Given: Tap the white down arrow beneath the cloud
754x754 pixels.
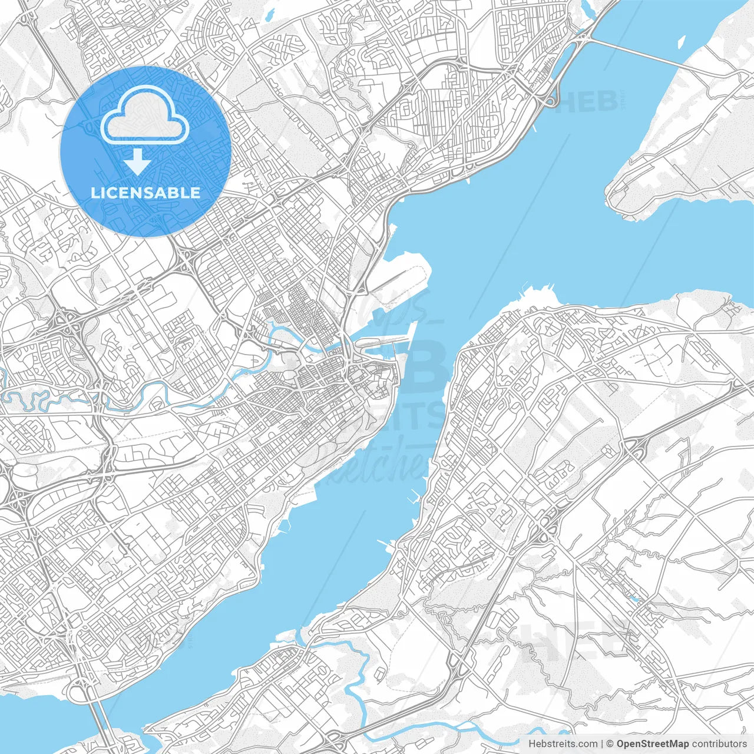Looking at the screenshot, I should click(x=138, y=161).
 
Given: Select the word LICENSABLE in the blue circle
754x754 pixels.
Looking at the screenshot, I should click(x=145, y=193).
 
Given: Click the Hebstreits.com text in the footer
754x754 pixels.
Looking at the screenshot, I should click(x=563, y=744).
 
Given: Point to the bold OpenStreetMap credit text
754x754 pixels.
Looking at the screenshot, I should click(x=652, y=744).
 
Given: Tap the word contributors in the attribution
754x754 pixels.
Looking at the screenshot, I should click(x=719, y=744).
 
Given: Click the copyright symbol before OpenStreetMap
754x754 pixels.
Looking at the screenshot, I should click(x=610, y=744).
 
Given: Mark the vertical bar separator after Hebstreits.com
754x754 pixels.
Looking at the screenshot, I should click(x=602, y=744).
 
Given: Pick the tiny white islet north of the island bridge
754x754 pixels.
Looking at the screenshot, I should click(x=681, y=42).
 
